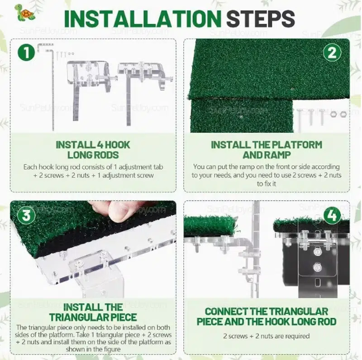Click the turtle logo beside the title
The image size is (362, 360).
pos(25,13)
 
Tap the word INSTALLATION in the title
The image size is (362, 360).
pos(143,19)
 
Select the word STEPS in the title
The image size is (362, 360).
pos(261,19)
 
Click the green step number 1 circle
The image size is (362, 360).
pos(26,52)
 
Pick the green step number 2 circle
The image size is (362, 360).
pos(332,53)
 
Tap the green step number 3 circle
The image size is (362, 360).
pos(26,216)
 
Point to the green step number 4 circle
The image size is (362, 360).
pos(332,216)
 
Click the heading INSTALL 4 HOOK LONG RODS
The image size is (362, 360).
pos(93,150)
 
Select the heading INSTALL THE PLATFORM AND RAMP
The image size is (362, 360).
pos(267,150)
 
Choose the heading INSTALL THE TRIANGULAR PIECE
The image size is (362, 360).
pos(93,312)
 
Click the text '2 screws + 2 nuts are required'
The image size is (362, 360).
pos(267,336)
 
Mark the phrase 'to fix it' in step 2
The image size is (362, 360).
pos(267,184)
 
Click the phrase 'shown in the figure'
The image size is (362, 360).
pos(93,349)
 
